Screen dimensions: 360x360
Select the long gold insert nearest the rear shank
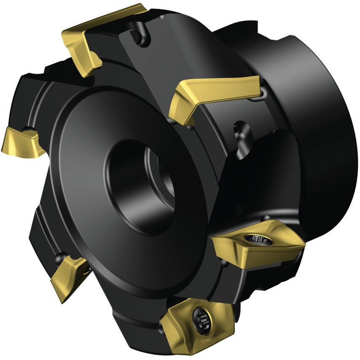click(215, 95)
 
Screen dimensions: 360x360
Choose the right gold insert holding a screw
click(257, 244)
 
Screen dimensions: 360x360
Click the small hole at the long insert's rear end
click(263, 91)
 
